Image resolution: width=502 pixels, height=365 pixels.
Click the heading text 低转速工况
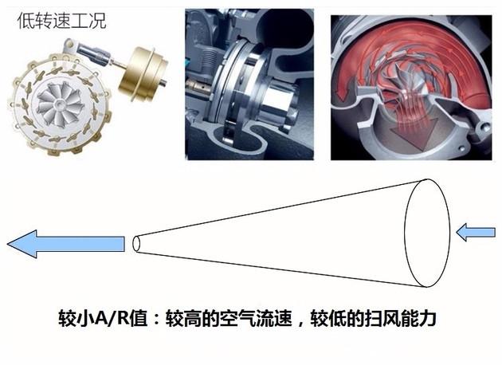[x=61, y=22]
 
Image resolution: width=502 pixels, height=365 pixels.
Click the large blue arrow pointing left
[x=66, y=244]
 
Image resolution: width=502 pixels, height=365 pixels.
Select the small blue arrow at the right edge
[x=476, y=232]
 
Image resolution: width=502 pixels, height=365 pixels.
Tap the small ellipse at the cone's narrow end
[x=136, y=244]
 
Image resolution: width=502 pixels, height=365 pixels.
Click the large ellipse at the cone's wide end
[x=427, y=233]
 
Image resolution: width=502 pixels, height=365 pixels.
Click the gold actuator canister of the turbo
[x=143, y=73]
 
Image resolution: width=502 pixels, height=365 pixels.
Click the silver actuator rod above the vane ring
[x=96, y=54]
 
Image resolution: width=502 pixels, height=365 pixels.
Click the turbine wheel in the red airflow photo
[x=401, y=82]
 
